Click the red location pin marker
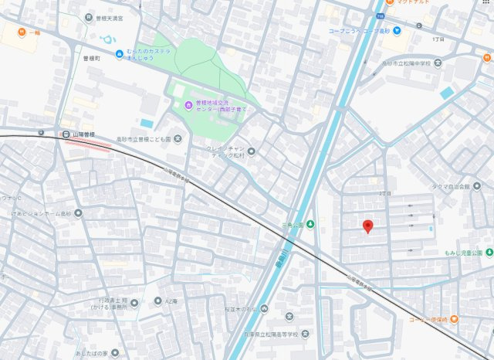point(368,226)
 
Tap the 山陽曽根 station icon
point(66,134)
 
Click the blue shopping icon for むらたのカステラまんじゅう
point(119,53)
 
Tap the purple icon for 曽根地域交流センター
point(188,105)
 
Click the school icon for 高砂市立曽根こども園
point(178,139)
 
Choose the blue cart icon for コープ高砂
point(397,32)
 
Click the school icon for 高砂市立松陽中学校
point(438,62)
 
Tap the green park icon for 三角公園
point(310,224)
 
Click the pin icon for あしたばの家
point(115,353)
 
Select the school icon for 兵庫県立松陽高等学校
point(289,316)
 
